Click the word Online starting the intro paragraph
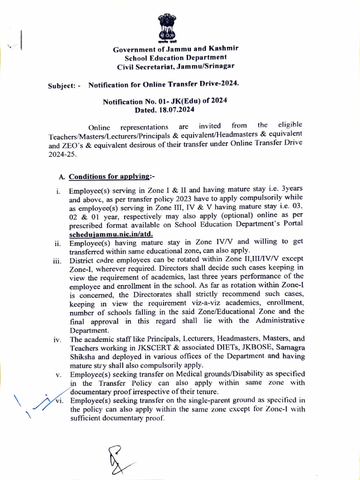click(x=99, y=127)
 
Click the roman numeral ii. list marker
click(x=58, y=243)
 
